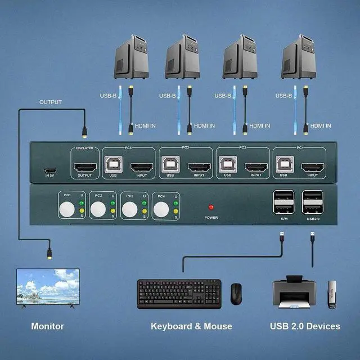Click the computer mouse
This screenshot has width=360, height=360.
(x=236, y=292)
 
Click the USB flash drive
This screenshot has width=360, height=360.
(x=330, y=294)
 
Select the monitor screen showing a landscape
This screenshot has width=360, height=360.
(x=48, y=286)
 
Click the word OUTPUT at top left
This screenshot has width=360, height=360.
(x=50, y=102)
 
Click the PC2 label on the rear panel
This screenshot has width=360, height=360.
(x=242, y=148)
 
